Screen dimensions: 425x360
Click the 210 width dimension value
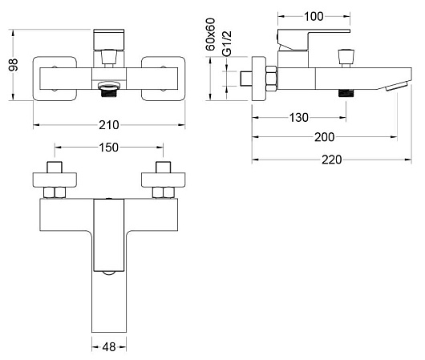[109, 125]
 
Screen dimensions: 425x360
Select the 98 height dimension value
[13, 64]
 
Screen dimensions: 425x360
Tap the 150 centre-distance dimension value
[109, 148]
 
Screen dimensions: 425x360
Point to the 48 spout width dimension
[109, 347]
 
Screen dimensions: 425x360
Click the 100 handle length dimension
[314, 17]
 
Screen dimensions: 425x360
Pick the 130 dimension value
[298, 118]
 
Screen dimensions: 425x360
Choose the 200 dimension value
[324, 137]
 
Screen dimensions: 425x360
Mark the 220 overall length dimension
[331, 160]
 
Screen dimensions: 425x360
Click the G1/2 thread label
[227, 43]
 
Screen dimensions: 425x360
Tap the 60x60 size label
[210, 34]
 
